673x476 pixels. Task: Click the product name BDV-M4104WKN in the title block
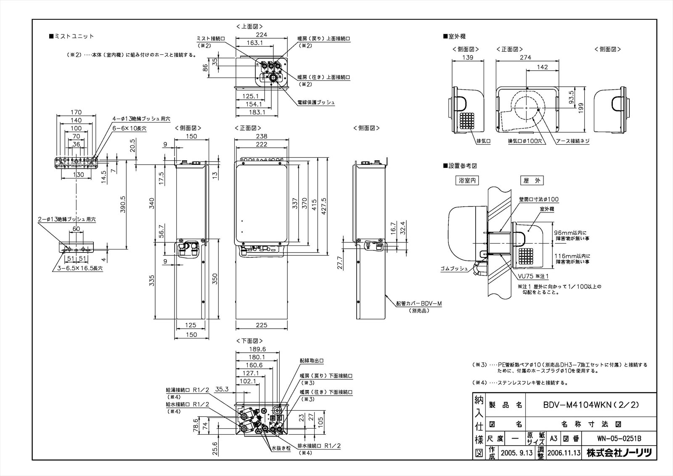tap(591, 405)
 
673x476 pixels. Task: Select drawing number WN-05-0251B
tap(619, 438)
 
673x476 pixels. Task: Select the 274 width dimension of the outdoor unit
tap(525, 58)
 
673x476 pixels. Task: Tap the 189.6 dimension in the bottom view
tap(257, 349)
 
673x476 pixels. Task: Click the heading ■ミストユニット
tap(72, 37)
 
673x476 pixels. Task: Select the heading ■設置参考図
tap(460, 166)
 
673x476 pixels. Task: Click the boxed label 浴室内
tap(467, 181)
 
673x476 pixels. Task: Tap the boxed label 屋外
tap(532, 181)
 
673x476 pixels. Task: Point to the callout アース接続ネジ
tap(572, 141)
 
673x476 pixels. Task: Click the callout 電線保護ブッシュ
tap(316, 102)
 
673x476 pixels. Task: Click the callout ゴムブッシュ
tap(454, 268)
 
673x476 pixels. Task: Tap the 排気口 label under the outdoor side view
tap(483, 141)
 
